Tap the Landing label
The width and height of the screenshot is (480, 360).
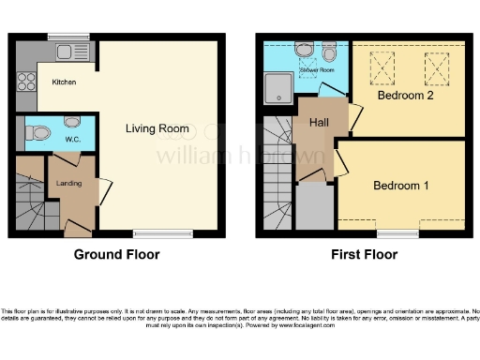(x=70, y=184)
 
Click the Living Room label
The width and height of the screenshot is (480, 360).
(x=157, y=128)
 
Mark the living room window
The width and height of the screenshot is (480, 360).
(x=151, y=233)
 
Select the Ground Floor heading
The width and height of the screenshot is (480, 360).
(x=117, y=254)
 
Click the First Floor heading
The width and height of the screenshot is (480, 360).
(x=364, y=254)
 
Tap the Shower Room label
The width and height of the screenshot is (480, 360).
(x=316, y=69)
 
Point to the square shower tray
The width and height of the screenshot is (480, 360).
(x=278, y=87)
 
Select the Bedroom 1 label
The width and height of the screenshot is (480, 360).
(x=401, y=186)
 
